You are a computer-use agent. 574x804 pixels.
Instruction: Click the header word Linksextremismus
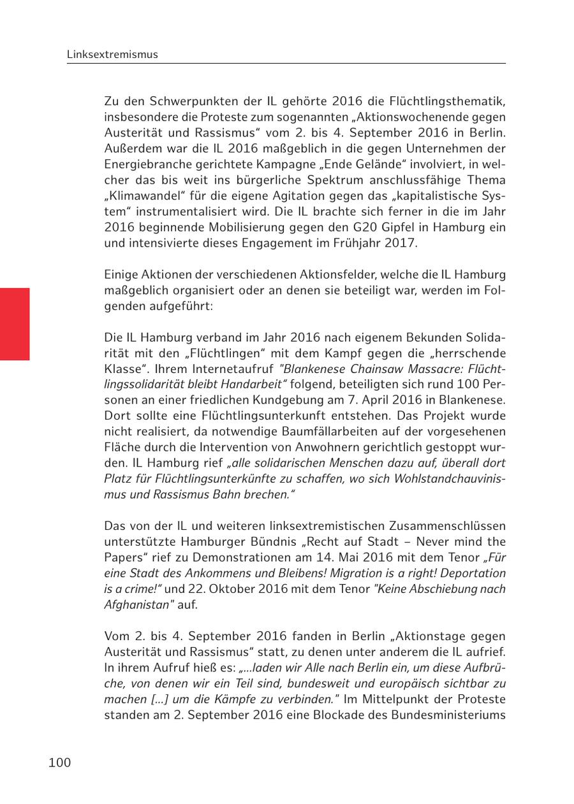click(112, 55)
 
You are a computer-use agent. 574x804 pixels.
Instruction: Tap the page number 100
click(59, 763)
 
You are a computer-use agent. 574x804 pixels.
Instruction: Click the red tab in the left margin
click(15, 324)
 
